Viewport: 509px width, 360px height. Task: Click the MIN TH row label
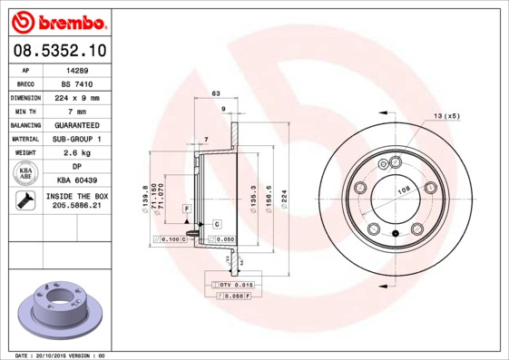[26, 111]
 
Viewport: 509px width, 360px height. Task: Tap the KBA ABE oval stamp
[26, 174]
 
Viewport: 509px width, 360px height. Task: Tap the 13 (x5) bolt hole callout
[445, 117]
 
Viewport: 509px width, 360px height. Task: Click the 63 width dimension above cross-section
[216, 93]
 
